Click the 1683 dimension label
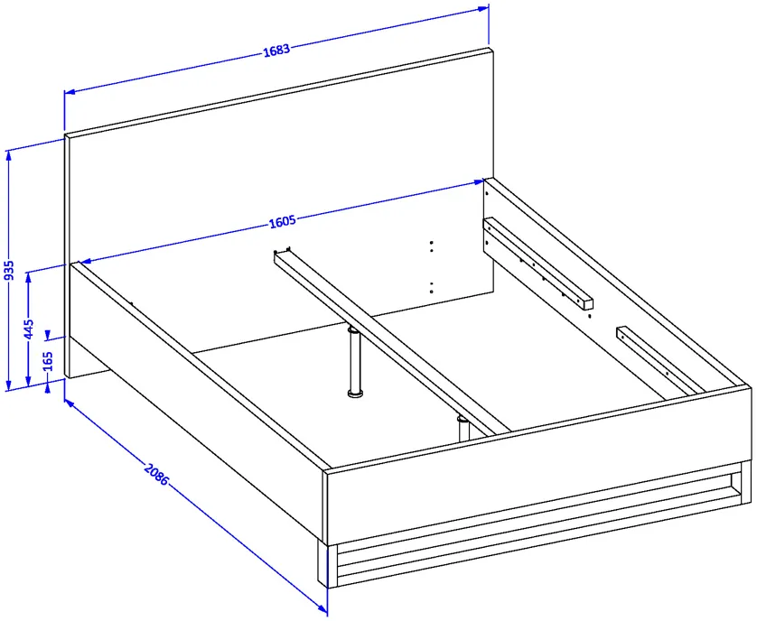click(x=276, y=50)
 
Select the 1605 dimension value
click(x=282, y=221)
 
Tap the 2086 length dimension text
click(x=156, y=474)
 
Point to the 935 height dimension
click(x=9, y=270)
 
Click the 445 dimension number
click(x=29, y=329)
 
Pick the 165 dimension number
click(x=48, y=361)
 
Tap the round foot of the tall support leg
click(x=355, y=394)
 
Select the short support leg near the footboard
click(x=463, y=428)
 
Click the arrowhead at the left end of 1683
click(x=70, y=91)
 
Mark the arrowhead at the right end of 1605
click(x=479, y=182)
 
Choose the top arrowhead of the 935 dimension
click(x=8, y=155)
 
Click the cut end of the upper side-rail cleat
click(x=588, y=304)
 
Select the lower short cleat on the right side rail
click(x=660, y=361)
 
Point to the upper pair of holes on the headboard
click(x=431, y=246)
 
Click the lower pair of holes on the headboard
click(x=431, y=288)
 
